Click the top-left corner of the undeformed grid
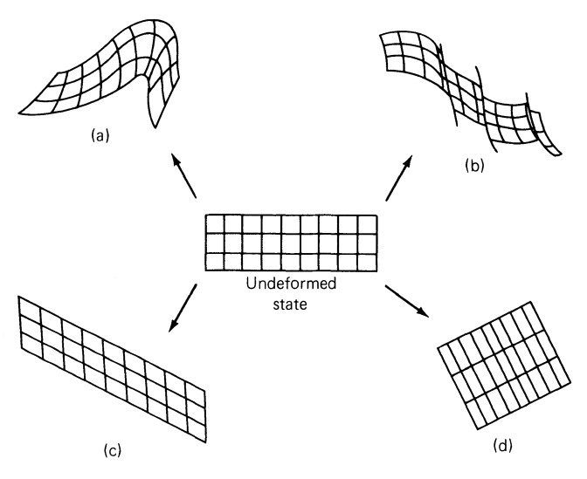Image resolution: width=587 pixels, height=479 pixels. pos(204,215)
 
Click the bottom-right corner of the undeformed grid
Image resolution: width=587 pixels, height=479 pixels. pos(376,271)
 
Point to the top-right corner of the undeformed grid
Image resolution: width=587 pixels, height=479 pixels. pos(376,215)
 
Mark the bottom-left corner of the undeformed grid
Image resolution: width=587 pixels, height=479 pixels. pos(204,271)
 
